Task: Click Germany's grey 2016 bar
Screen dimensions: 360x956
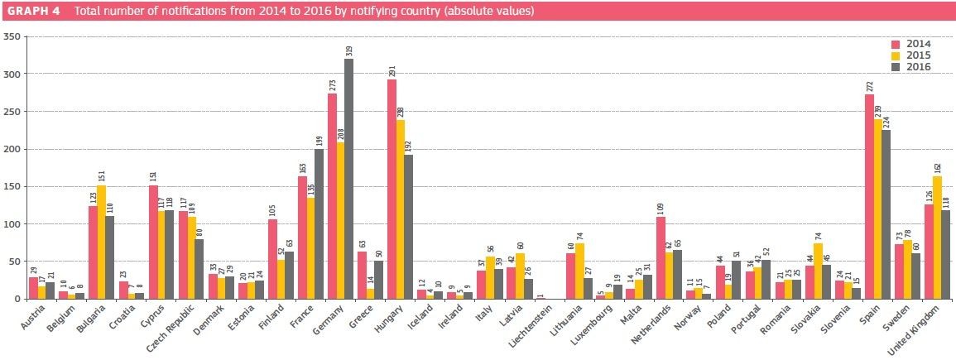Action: click(349, 179)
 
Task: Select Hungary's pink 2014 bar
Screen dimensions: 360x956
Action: click(392, 190)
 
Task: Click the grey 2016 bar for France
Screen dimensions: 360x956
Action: click(319, 224)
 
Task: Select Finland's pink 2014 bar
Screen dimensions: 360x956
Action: click(272, 259)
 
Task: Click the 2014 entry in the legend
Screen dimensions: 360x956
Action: click(913, 43)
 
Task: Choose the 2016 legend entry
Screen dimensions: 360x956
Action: click(913, 66)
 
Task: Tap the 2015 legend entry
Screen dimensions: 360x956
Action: click(913, 55)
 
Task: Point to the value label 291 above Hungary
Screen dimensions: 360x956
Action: click(392, 70)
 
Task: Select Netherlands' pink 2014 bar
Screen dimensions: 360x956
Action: click(661, 257)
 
